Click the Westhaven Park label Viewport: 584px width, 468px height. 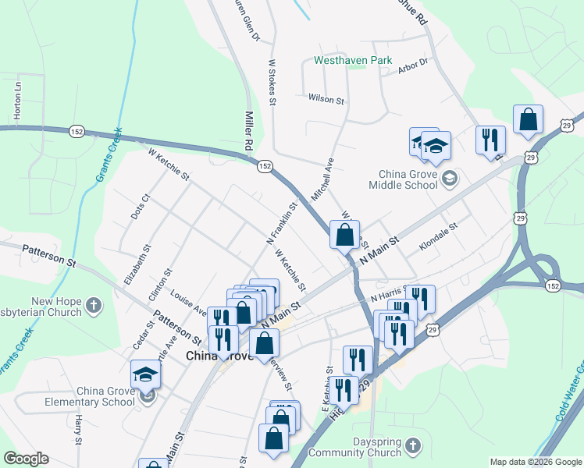pos(352,60)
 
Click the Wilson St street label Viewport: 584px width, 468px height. pos(326,100)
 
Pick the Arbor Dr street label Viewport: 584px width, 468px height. pos(413,67)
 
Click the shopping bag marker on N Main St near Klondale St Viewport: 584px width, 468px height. pos(344,233)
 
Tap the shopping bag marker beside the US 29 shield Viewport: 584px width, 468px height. pos(529,120)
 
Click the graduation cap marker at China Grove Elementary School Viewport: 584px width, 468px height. pos(146,374)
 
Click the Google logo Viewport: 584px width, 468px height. pos(26,459)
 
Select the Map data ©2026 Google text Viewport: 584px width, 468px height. pos(535,462)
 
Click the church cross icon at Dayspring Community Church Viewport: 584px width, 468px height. pos(414,445)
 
